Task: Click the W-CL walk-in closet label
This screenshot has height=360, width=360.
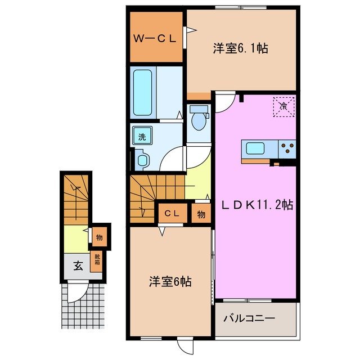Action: [x=155, y=38]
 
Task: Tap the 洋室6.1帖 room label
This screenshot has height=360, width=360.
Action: [x=240, y=48]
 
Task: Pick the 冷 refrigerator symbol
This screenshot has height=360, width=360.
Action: [x=283, y=105]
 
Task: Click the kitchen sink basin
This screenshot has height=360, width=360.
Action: [x=256, y=149]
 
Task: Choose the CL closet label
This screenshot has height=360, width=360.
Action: [x=172, y=214]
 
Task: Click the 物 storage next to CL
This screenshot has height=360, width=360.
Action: [x=201, y=214]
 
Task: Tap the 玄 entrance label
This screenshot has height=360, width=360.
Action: [x=78, y=266]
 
